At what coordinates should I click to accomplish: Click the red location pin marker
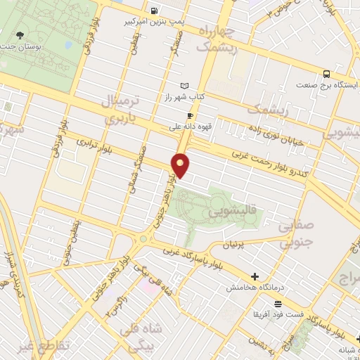(181, 165)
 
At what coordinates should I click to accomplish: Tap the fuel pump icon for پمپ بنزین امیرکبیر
(154, 11)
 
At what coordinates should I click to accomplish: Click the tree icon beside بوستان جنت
(20, 34)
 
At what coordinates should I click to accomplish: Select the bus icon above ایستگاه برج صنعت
(327, 74)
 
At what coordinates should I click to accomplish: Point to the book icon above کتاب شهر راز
(185, 85)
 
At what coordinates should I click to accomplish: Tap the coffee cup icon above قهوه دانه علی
(190, 115)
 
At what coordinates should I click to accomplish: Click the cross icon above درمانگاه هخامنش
(255, 276)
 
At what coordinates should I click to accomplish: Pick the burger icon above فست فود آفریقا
(279, 304)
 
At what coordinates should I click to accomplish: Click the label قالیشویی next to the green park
(231, 212)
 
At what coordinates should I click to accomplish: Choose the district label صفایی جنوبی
(295, 235)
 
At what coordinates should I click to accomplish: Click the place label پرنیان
(237, 245)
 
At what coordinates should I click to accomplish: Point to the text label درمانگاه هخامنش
(254, 288)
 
